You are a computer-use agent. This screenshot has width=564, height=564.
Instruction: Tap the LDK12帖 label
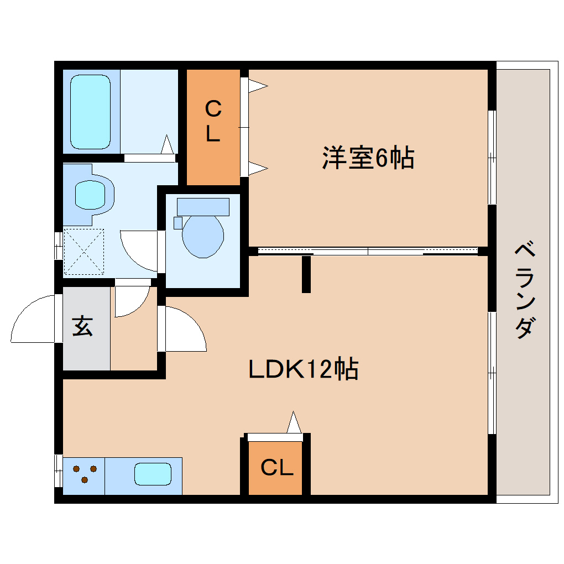304,369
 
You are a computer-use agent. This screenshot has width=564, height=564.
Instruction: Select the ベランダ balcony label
525,290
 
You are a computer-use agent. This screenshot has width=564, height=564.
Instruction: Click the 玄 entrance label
83,326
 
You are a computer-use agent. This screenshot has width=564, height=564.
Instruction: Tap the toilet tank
203,207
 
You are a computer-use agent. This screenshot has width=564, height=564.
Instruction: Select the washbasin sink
90,194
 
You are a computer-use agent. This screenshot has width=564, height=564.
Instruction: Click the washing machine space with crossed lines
84,252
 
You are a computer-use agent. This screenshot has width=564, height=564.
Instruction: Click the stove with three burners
84,474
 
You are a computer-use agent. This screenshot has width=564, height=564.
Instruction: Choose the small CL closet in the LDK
276,468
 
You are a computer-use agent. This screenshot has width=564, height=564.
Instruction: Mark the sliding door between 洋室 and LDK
368,251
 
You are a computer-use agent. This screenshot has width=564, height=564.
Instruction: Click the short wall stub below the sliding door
306,274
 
